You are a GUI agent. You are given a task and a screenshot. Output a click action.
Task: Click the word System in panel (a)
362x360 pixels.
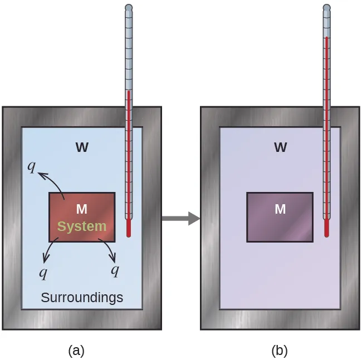pyautogui.click(x=81, y=226)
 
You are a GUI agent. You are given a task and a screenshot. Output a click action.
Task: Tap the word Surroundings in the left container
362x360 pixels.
pyautogui.click(x=82, y=298)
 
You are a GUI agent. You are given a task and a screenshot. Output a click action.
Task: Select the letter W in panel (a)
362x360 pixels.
pyautogui.click(x=82, y=147)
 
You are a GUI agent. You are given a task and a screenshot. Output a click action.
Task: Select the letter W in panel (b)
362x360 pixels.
pyautogui.click(x=280, y=147)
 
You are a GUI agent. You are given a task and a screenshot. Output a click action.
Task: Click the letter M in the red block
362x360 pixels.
pyautogui.click(x=81, y=209)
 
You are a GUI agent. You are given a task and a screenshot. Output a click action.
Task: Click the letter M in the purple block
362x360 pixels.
pyautogui.click(x=280, y=209)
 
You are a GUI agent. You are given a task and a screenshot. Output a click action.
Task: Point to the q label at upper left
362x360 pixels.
pyautogui.click(x=33, y=166)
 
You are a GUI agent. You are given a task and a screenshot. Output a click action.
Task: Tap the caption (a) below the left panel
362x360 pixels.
pyautogui.click(x=76, y=351)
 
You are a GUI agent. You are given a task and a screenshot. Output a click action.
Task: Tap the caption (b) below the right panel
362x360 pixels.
pyautogui.click(x=279, y=351)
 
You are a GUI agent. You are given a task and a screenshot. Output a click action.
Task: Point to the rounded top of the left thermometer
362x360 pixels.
pyautogui.click(x=129, y=8)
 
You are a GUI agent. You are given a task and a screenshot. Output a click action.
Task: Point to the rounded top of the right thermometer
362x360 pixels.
pyautogui.click(x=327, y=8)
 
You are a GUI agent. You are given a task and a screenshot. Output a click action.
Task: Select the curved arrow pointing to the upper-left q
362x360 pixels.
pyautogui.click(x=53, y=181)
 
